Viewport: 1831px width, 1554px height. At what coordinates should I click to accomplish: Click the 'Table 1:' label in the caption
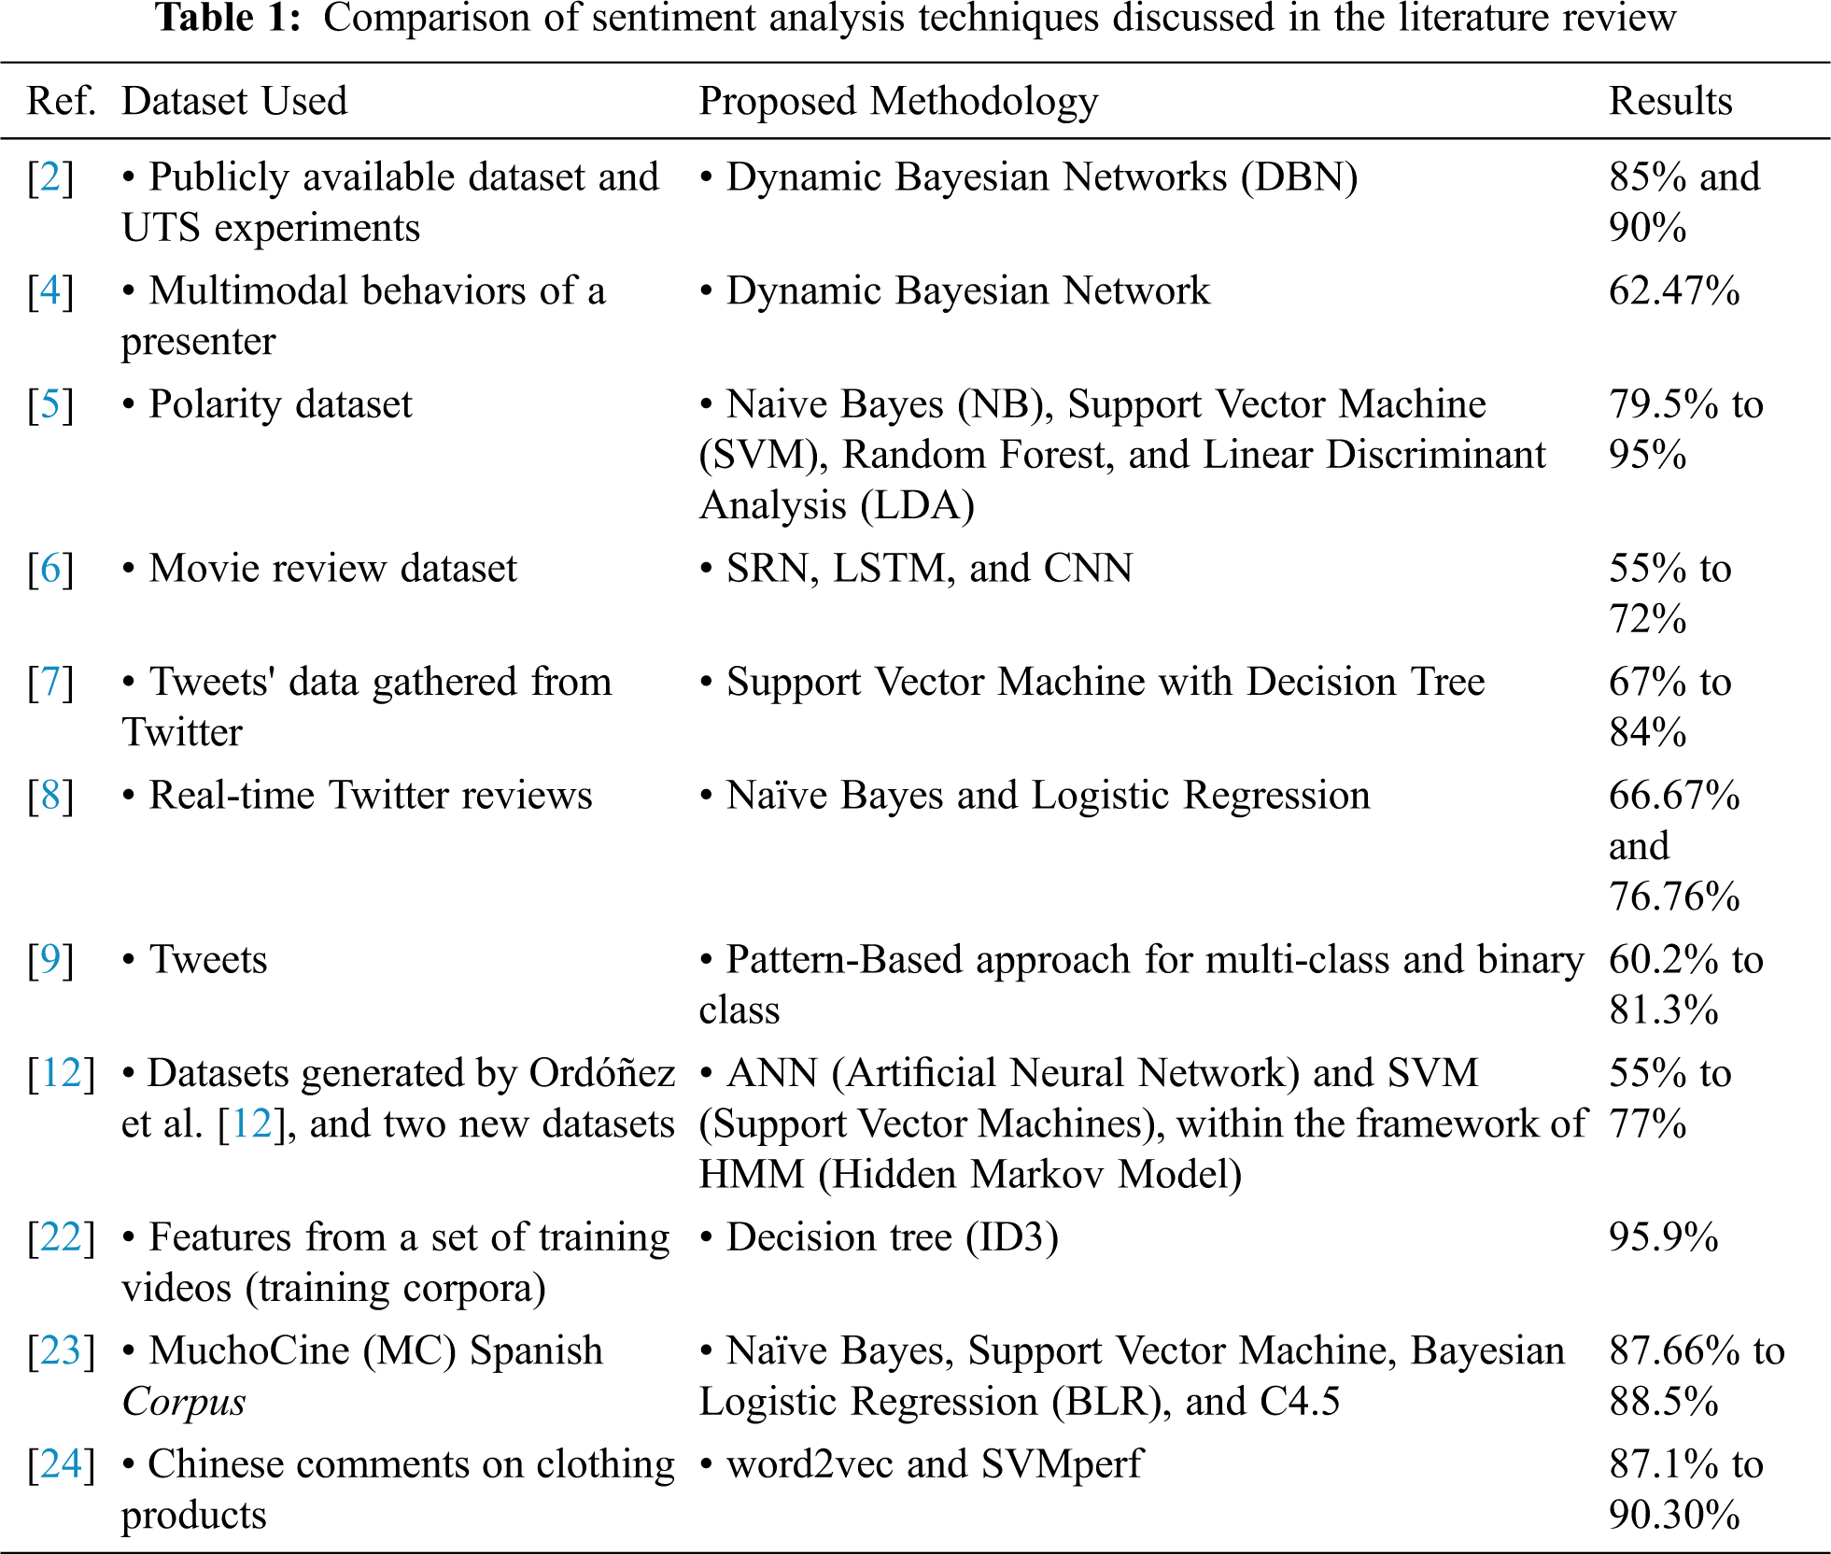coord(228,18)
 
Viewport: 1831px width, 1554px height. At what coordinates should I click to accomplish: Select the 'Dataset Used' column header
coord(234,101)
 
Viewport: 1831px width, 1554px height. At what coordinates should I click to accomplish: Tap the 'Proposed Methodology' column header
coord(898,101)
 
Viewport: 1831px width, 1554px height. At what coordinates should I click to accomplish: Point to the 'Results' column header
coord(1670,101)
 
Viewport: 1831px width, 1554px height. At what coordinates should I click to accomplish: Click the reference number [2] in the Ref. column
coord(50,177)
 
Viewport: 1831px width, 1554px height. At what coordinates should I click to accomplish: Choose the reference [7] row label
coord(50,683)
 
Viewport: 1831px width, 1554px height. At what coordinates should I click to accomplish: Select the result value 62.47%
coord(1674,291)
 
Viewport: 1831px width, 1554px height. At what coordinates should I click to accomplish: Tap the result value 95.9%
coord(1663,1237)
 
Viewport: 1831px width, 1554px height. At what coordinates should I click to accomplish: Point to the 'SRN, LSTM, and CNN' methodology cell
coord(929,569)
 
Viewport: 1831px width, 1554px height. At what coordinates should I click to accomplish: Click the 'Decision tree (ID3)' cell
coord(892,1237)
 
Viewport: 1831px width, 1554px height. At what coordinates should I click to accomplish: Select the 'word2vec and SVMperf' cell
coord(934,1464)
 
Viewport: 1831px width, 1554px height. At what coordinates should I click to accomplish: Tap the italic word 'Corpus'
coord(184,1402)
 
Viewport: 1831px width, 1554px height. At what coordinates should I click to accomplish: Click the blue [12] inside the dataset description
coord(251,1124)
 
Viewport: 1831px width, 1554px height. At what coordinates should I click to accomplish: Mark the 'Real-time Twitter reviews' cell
coord(370,796)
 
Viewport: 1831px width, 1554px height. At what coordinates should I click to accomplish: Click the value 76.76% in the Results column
coord(1674,897)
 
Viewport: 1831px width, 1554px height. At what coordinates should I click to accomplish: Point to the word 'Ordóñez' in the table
coord(602,1074)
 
